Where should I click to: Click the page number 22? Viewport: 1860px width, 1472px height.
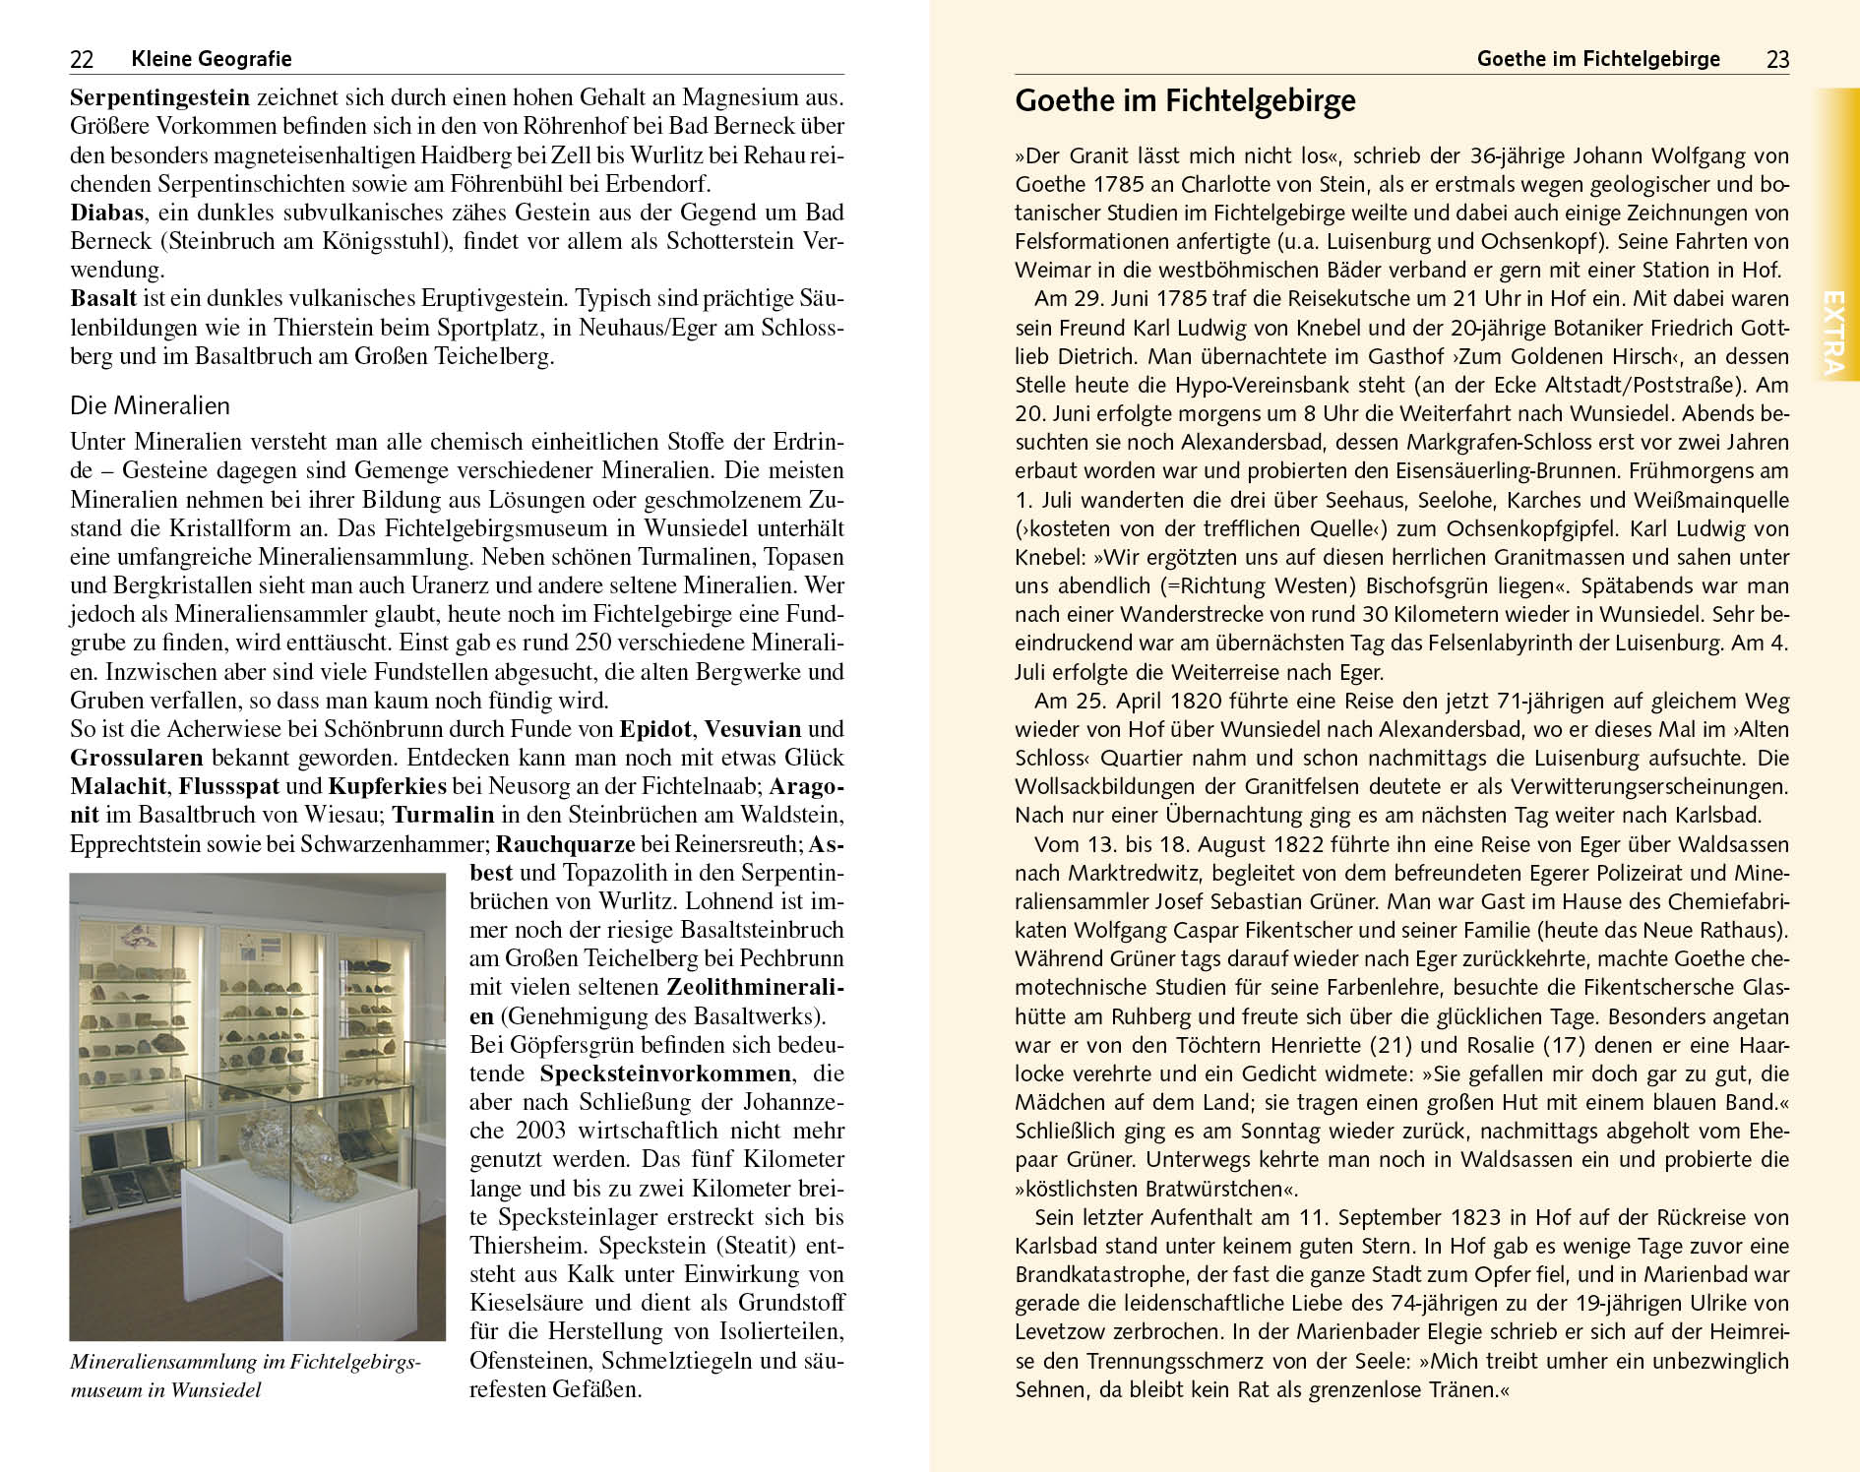pos(82,60)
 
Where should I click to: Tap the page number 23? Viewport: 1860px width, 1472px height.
pos(1777,60)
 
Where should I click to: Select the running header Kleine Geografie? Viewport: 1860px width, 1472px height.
pos(211,59)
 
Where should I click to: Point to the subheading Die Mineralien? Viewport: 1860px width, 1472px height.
pos(150,405)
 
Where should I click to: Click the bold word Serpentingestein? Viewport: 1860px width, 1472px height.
pos(160,98)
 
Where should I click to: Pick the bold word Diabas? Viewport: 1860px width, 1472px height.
pos(107,213)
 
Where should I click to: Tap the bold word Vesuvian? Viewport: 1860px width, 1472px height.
pos(753,729)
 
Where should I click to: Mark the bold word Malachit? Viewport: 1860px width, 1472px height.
pos(119,786)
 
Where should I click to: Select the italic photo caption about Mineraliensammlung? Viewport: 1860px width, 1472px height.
pos(246,1376)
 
